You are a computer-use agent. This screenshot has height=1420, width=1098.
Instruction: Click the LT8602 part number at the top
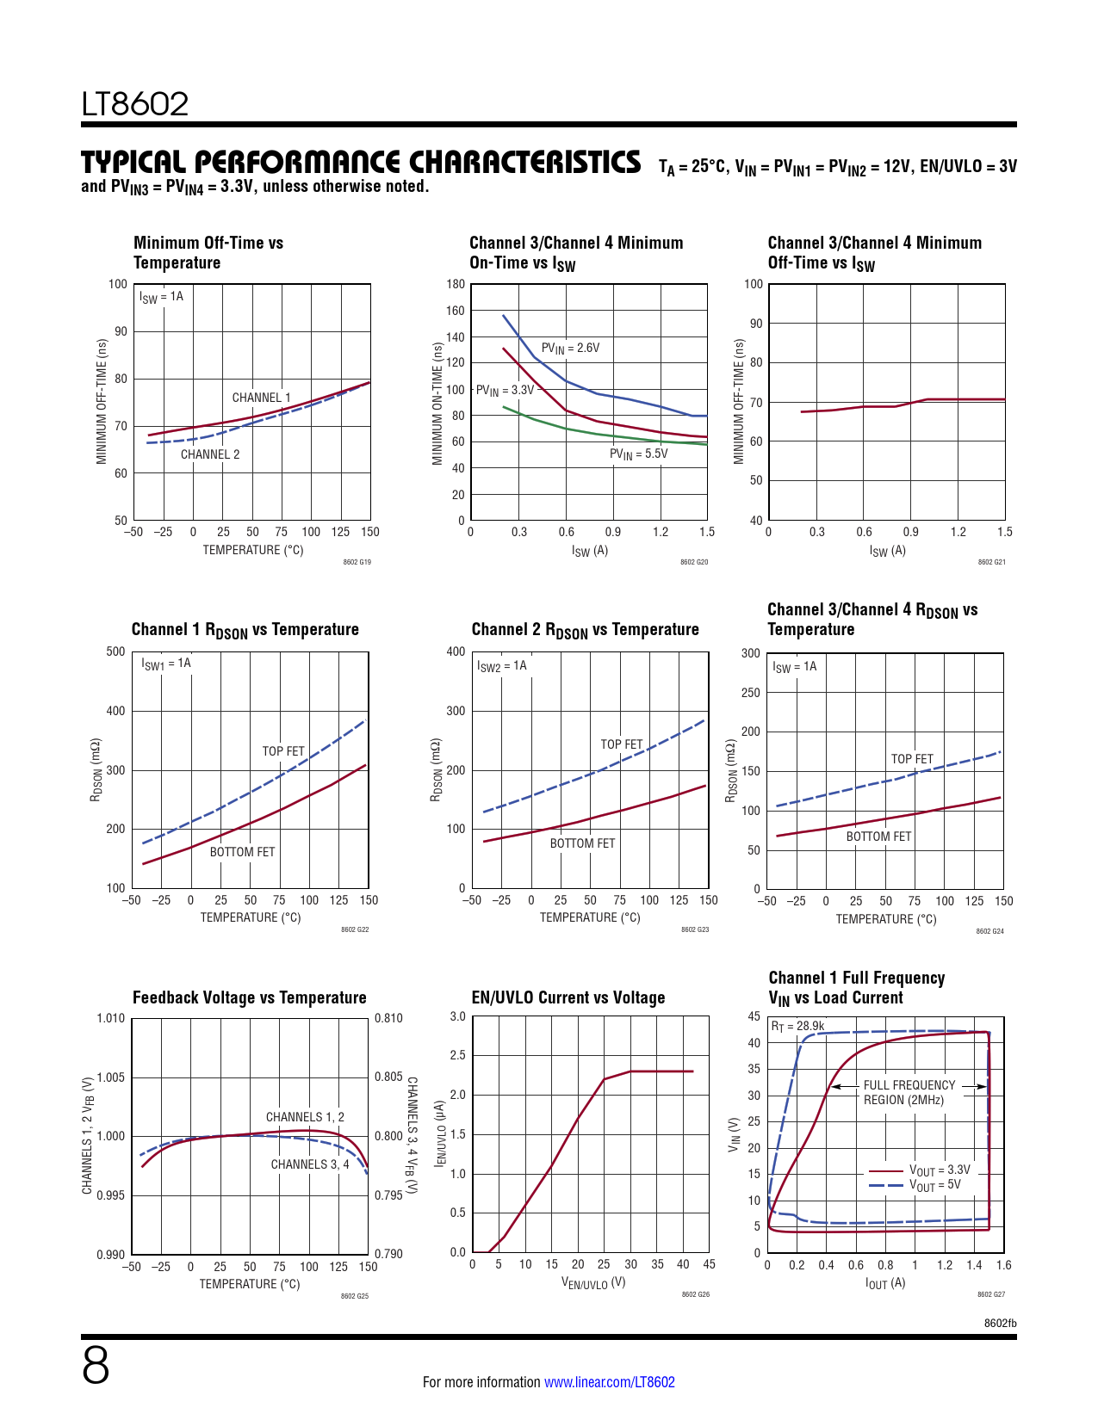coord(135,104)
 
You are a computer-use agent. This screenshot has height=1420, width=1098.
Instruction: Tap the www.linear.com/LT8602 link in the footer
coord(610,1382)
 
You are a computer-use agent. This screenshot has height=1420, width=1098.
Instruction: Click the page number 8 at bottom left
coord(96,1366)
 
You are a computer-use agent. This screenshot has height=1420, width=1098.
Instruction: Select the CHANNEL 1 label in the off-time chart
coord(261,398)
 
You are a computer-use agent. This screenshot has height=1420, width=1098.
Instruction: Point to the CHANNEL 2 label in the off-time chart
coord(210,454)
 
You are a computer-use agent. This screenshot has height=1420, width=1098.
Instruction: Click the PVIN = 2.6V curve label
coord(570,349)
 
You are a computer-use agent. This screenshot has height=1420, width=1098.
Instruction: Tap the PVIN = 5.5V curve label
coord(638,454)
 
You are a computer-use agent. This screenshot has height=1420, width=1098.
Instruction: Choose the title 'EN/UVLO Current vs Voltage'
coord(568,997)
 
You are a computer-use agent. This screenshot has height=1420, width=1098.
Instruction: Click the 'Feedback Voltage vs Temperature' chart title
coord(250,997)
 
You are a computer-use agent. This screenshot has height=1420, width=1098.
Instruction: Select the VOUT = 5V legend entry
coord(934,1185)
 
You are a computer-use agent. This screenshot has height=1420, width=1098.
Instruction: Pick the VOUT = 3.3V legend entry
coord(939,1170)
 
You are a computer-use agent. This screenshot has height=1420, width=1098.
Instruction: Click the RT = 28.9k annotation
coord(797,1026)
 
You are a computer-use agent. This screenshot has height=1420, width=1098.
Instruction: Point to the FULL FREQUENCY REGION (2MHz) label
coord(909,1093)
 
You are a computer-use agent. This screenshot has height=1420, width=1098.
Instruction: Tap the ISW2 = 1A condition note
coord(501,666)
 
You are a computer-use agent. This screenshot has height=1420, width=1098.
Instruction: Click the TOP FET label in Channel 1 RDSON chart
coord(283,751)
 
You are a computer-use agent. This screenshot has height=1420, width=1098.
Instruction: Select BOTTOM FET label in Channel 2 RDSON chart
coord(583,843)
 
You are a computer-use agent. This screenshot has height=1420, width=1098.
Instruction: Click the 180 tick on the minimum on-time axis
coord(456,284)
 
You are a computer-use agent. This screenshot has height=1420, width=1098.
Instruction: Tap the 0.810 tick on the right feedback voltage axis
coord(388,1018)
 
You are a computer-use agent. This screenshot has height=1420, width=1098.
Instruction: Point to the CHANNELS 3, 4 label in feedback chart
coord(310,1164)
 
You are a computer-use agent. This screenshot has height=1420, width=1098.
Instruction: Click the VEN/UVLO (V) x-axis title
coord(593,1283)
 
